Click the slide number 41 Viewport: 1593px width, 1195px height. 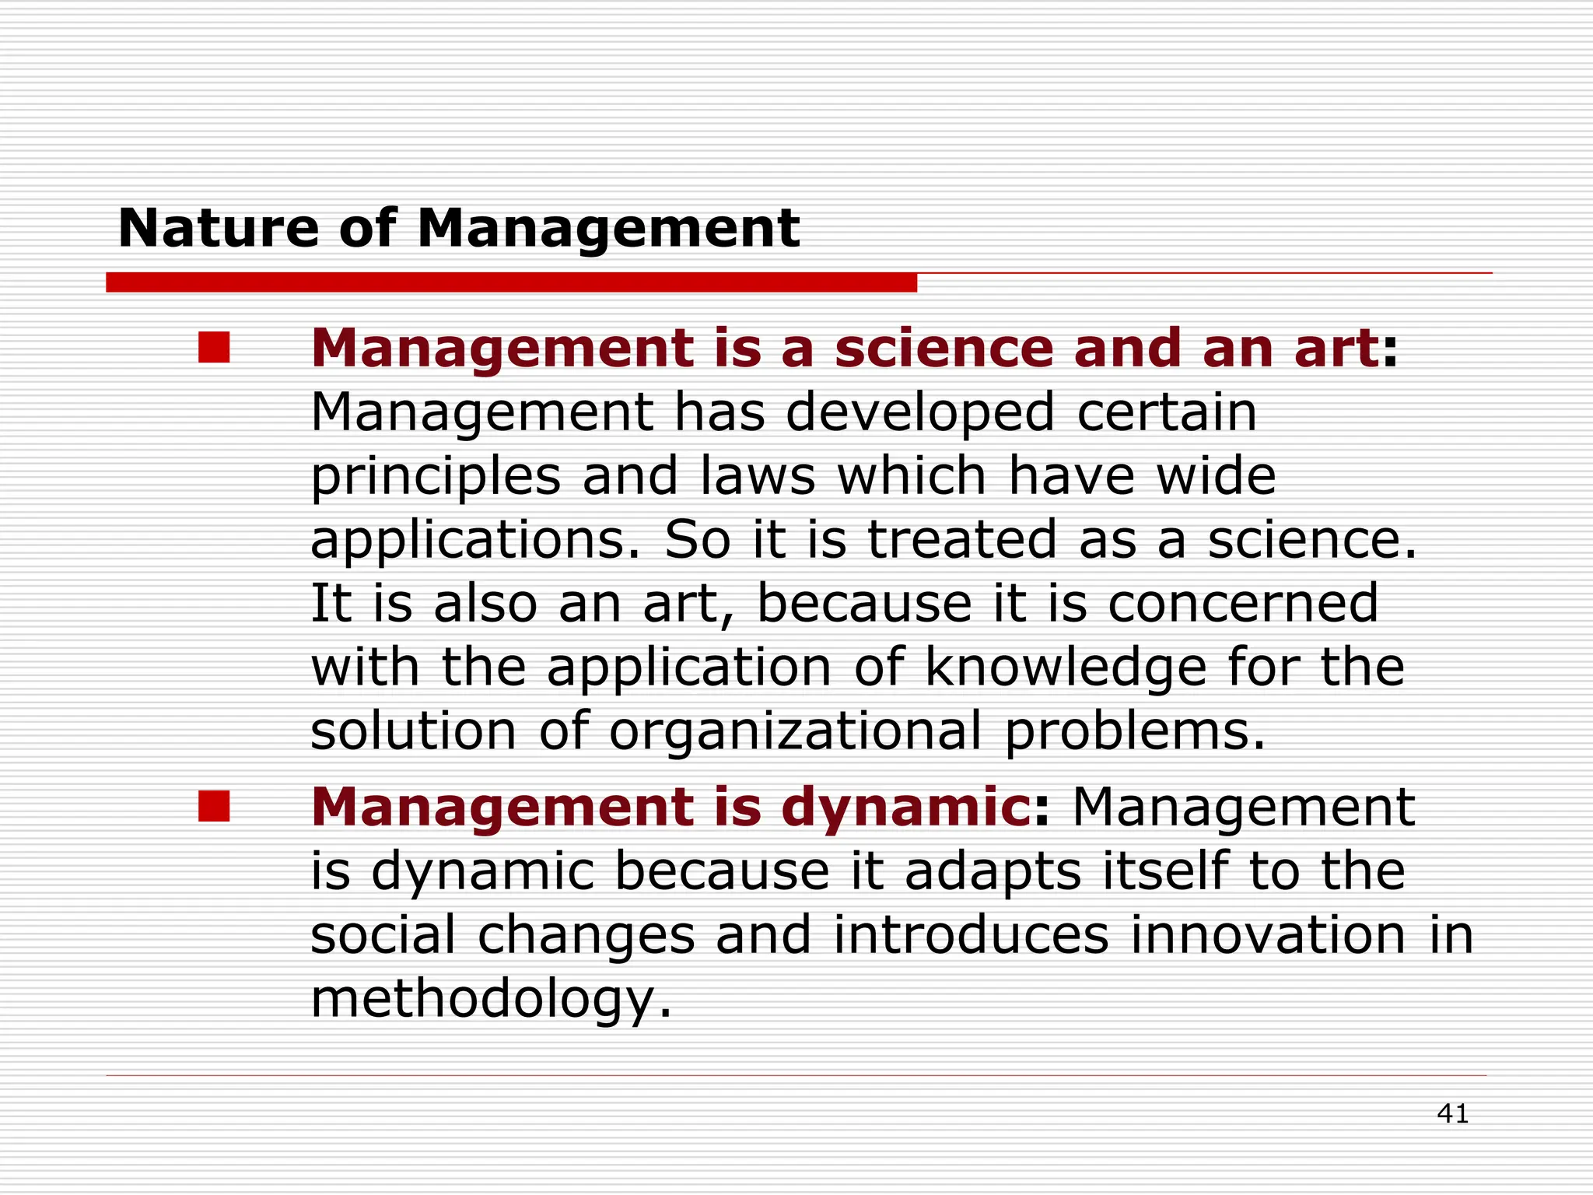(1452, 1114)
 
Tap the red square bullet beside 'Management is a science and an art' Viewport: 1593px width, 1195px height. (214, 348)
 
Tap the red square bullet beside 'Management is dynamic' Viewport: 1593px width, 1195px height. (214, 806)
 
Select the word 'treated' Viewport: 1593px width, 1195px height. (961, 539)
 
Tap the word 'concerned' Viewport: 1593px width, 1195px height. (1242, 603)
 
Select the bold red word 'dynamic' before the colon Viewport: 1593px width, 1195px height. (906, 809)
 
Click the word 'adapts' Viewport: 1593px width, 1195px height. (993, 873)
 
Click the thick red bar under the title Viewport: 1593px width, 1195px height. (511, 282)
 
